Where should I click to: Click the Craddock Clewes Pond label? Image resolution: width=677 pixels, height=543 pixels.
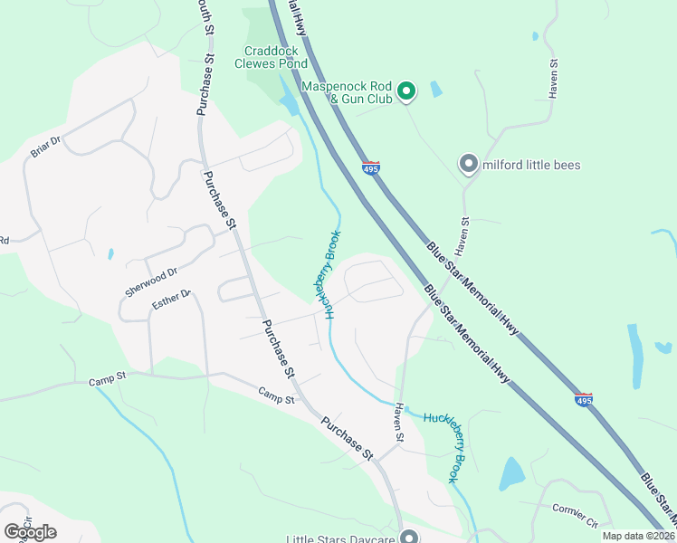[x=271, y=57]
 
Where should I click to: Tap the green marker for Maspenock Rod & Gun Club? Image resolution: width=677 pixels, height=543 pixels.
[x=407, y=90]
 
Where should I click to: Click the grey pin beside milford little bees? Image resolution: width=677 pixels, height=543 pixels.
[x=468, y=164]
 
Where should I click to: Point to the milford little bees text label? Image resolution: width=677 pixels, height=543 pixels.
[x=531, y=165]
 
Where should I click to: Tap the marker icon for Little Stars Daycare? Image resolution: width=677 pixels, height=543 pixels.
[x=408, y=536]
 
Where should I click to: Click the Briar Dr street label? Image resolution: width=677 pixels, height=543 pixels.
[x=45, y=146]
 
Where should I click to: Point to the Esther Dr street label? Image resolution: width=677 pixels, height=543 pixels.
[x=172, y=300]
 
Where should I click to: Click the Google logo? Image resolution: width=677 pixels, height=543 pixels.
[x=30, y=531]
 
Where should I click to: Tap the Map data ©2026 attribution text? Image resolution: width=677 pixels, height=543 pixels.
[x=638, y=536]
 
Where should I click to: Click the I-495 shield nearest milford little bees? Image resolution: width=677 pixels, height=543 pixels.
[x=370, y=167]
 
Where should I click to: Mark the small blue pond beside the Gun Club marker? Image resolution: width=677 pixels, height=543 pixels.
[x=436, y=89]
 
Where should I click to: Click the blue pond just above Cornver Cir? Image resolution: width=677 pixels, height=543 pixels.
[x=511, y=472]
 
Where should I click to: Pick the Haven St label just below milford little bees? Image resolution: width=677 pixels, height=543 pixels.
[x=464, y=233]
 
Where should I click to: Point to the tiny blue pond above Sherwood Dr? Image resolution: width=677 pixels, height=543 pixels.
[x=110, y=254]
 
